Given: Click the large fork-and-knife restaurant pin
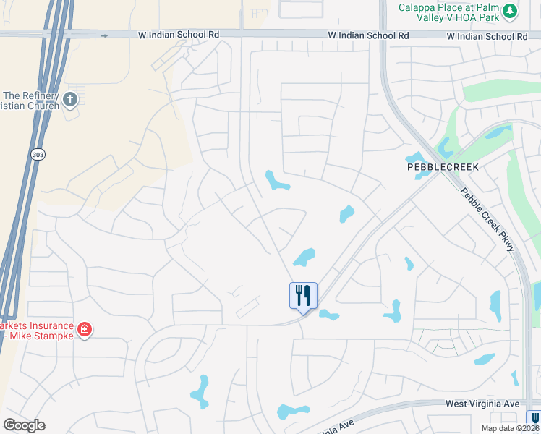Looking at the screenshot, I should click(304, 295).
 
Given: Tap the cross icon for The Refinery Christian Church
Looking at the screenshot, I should click(70, 100).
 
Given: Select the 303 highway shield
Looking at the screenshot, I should click(38, 154).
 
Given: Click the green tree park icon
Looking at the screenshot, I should click(510, 10).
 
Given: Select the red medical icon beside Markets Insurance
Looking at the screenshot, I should click(85, 330).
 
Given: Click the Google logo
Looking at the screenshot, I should click(24, 425).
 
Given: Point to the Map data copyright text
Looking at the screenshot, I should click(511, 428).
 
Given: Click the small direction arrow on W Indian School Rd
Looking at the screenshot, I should click(105, 35).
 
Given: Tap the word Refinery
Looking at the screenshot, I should click(34, 95).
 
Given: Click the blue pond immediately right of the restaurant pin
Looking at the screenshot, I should click(328, 315).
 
